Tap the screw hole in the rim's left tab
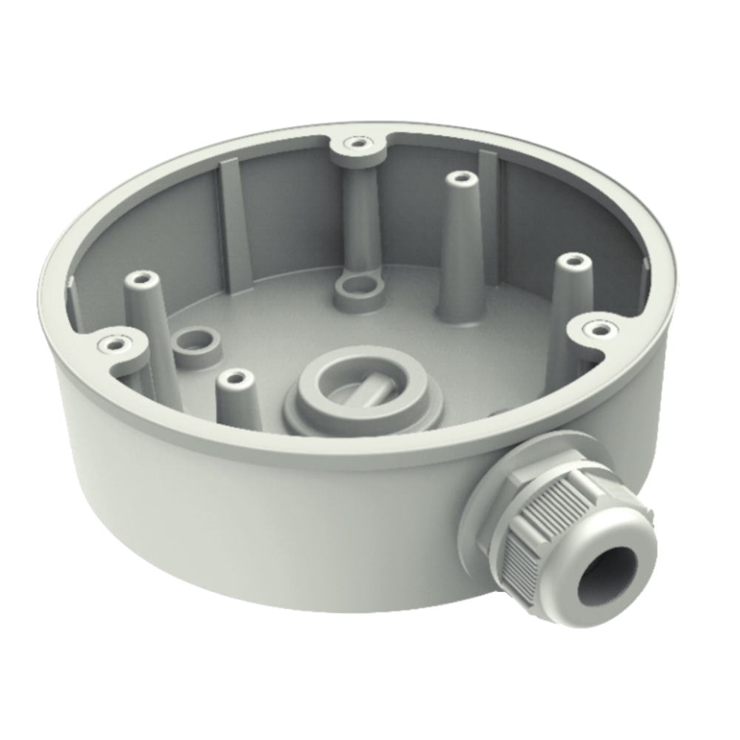(112, 343)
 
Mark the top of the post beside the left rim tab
(141, 280)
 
